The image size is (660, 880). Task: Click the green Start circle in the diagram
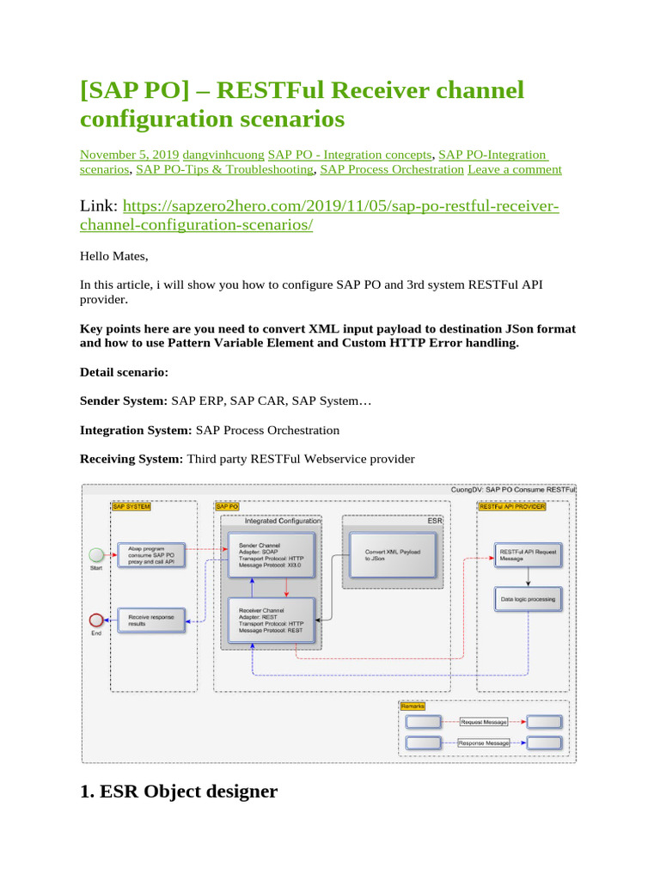[x=96, y=552]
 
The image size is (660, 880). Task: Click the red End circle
[x=96, y=619]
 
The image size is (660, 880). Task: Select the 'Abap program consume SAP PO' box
[x=150, y=554]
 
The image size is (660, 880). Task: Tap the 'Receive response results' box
[x=150, y=620]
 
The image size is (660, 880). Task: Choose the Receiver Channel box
[x=270, y=620]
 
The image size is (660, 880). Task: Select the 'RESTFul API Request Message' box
[x=528, y=555]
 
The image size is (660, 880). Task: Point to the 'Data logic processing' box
[x=528, y=599]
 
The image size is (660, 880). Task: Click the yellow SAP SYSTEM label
[x=131, y=507]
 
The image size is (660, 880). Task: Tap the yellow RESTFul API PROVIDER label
[x=511, y=507]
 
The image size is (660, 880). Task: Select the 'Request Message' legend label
[x=484, y=722]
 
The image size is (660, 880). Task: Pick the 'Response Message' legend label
[x=484, y=742]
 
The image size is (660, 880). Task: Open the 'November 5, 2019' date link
[x=129, y=155]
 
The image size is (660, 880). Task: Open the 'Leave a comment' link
[x=515, y=169]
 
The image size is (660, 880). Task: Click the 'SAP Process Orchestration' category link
[x=392, y=169]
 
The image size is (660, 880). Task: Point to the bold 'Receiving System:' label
[x=131, y=459]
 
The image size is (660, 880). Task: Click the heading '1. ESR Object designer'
[x=179, y=791]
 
